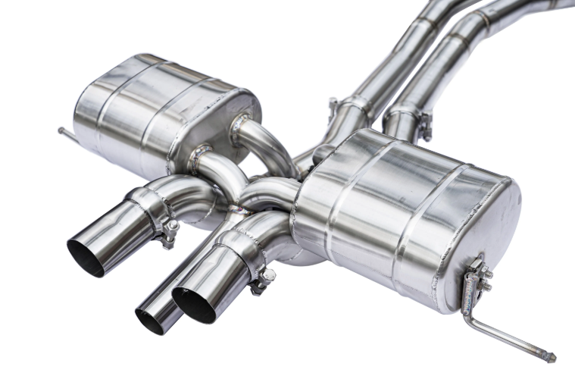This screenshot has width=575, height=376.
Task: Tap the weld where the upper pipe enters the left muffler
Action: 241,121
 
